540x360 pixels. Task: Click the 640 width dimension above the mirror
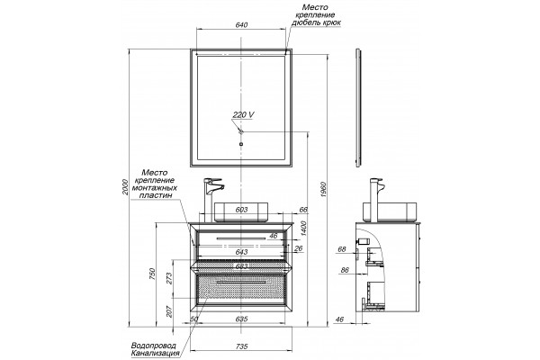pos(241,25)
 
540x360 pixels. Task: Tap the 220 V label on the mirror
pos(244,114)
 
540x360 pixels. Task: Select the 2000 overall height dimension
pos(125,187)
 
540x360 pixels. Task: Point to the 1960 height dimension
pos(323,190)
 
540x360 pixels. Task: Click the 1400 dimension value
pos(303,228)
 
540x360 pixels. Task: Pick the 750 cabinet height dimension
pos(153,274)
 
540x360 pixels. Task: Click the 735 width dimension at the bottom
pos(242,346)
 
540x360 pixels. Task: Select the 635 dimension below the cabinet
pos(242,319)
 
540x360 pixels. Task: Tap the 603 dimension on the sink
pos(241,210)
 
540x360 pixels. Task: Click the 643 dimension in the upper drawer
pos(241,252)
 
